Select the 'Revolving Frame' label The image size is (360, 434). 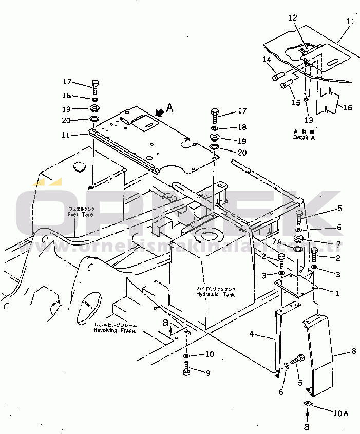[x=115, y=330]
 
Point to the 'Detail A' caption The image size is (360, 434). [x=303, y=138]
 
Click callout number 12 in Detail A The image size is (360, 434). [x=293, y=17]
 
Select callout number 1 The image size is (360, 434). [x=337, y=294]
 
